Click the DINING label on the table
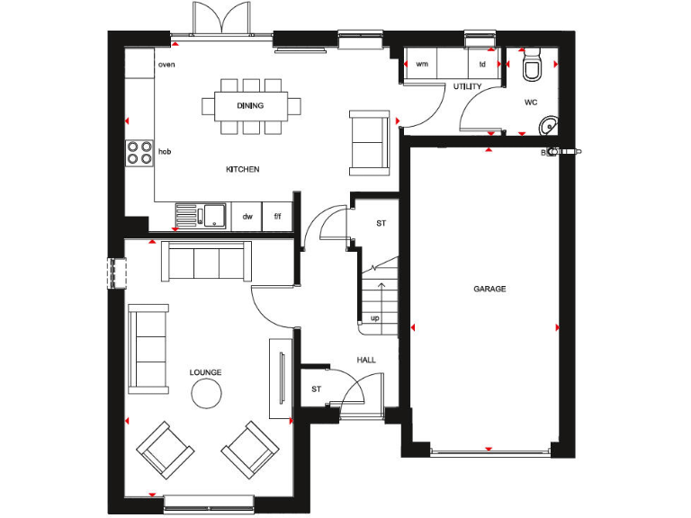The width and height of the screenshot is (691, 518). (x=251, y=106)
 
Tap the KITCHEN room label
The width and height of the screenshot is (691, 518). (x=243, y=169)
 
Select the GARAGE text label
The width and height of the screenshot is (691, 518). (x=489, y=290)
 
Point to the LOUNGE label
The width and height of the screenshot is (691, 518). (x=205, y=371)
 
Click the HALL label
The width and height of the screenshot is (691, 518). (x=366, y=360)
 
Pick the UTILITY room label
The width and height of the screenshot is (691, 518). (x=468, y=86)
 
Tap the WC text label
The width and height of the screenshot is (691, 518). (x=531, y=102)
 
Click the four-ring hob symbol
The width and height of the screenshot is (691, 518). (x=139, y=153)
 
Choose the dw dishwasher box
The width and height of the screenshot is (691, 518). (x=247, y=217)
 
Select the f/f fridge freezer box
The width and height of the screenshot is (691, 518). (x=277, y=217)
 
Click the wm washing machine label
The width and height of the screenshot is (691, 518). (x=421, y=65)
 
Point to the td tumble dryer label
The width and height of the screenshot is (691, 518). (x=482, y=65)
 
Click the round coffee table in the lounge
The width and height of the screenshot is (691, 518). (x=206, y=394)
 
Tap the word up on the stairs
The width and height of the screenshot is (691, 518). (x=375, y=318)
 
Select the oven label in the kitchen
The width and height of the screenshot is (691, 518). (x=166, y=65)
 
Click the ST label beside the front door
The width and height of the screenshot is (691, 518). (x=316, y=389)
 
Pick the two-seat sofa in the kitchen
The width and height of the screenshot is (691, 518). (x=370, y=141)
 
